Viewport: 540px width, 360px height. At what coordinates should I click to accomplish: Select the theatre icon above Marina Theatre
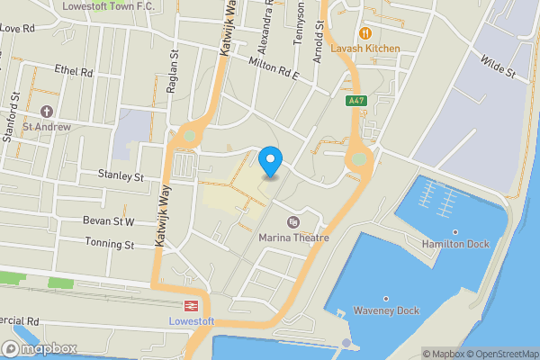tap(292, 222)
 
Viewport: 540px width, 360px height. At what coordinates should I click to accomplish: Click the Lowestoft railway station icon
tap(191, 306)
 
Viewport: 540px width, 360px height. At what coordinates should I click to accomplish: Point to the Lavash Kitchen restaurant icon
tap(364, 33)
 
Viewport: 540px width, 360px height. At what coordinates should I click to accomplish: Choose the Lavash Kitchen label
tap(364, 48)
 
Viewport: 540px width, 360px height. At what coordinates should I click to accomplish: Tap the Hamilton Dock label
tap(454, 243)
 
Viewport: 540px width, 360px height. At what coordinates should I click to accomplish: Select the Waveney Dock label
tap(385, 311)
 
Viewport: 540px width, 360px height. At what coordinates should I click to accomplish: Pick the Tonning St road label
tap(110, 244)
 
